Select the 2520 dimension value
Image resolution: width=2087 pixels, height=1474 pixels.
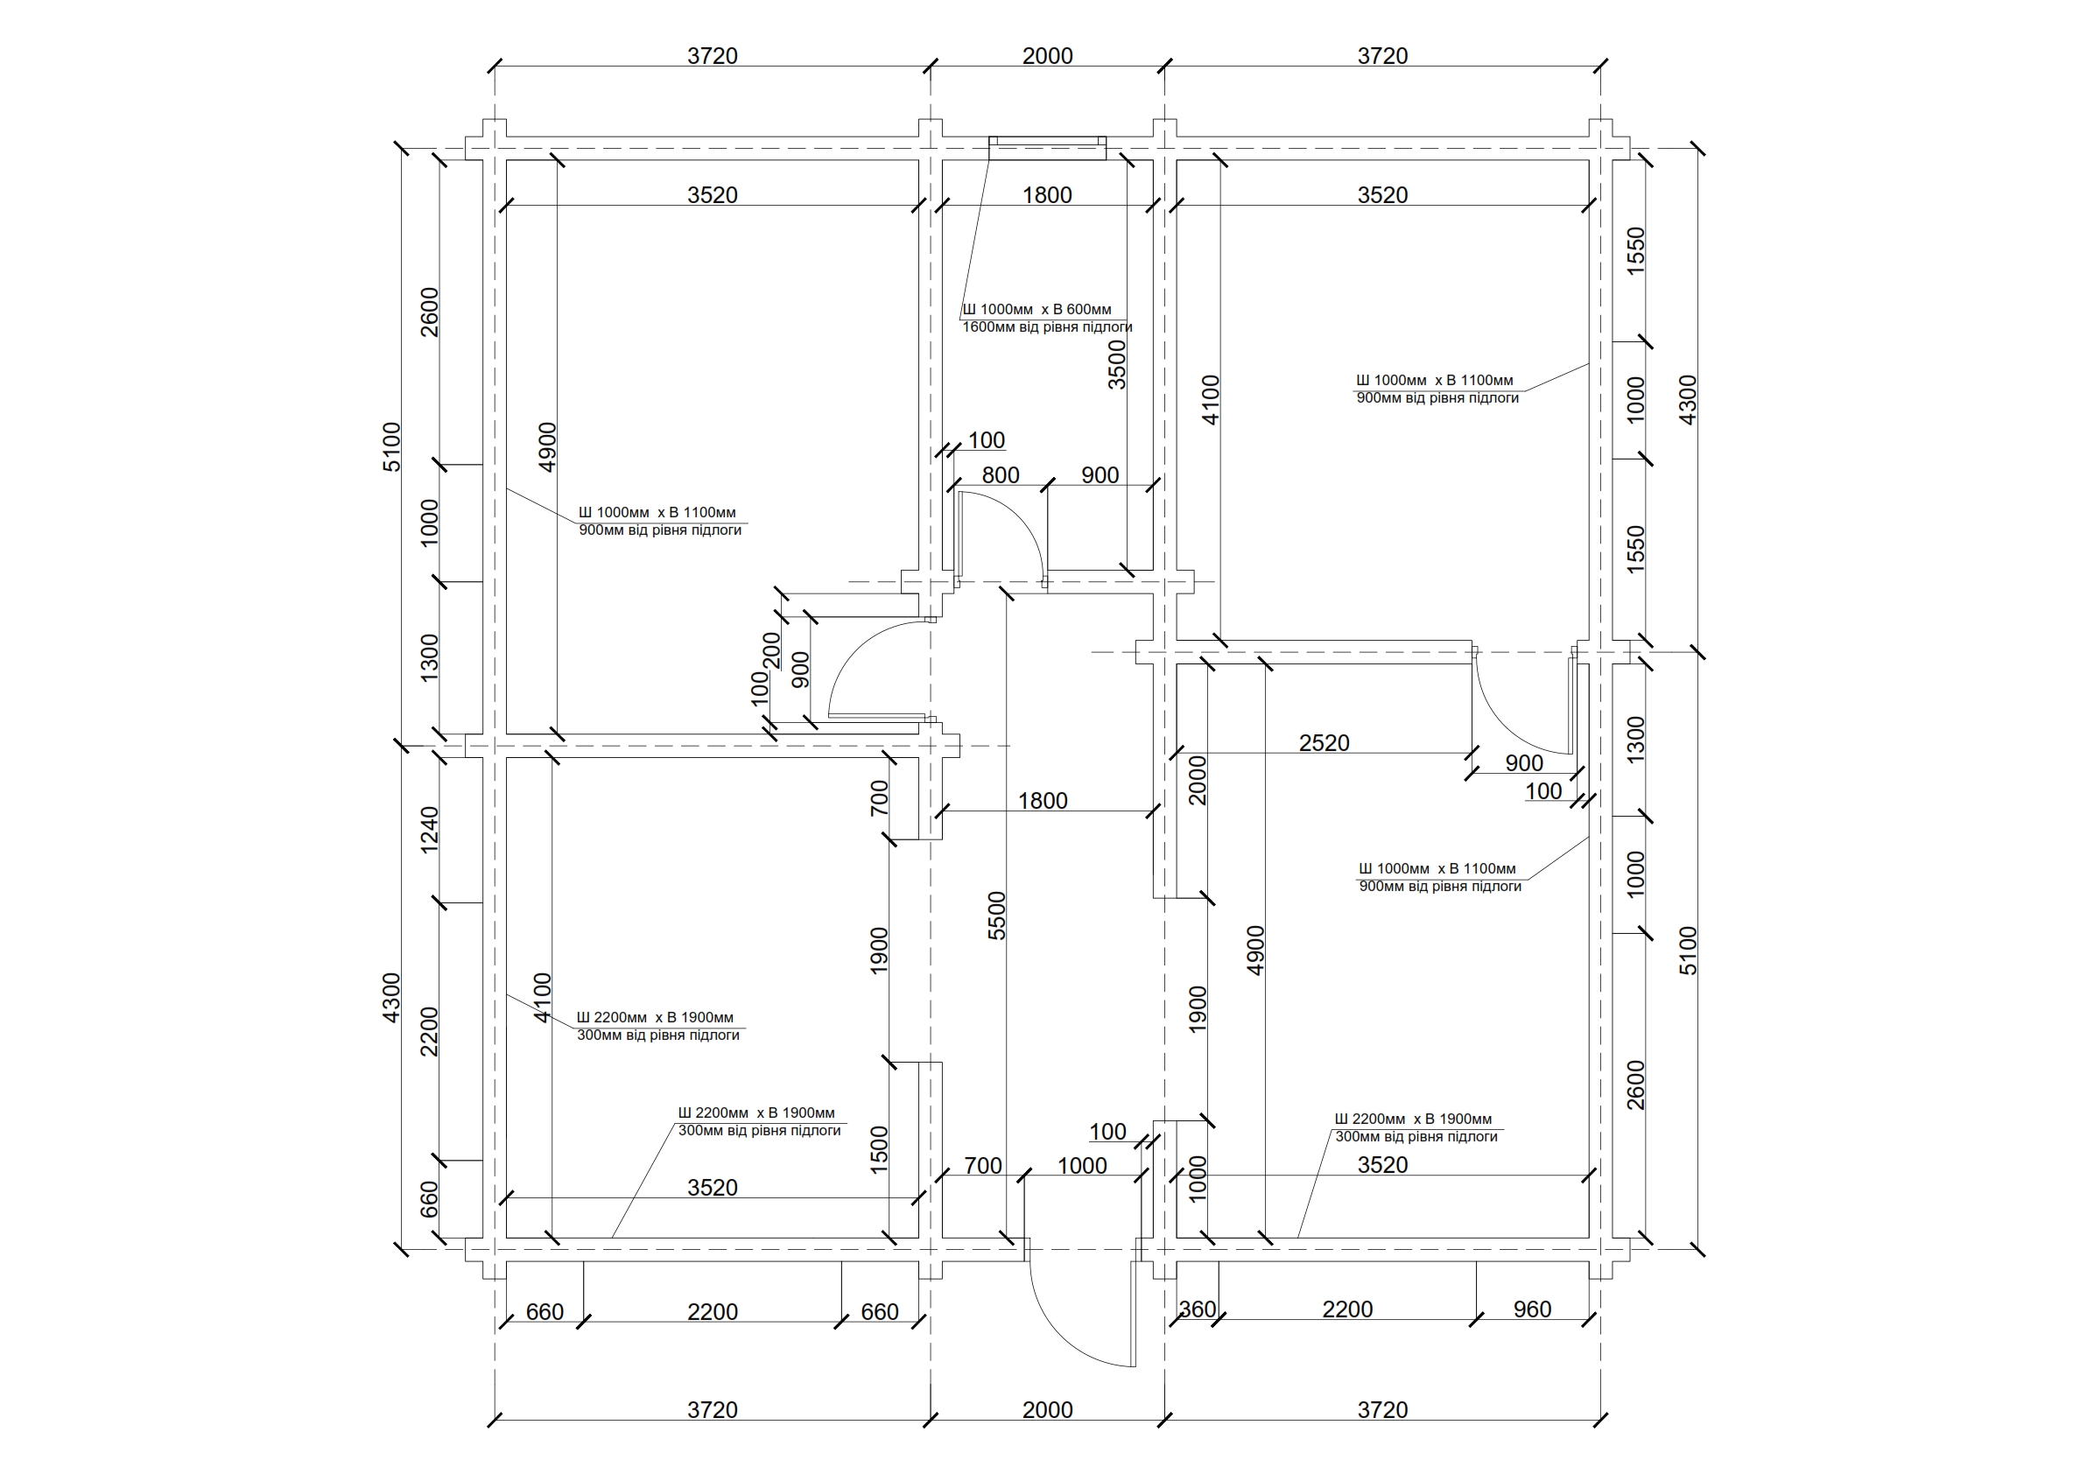click(x=1324, y=742)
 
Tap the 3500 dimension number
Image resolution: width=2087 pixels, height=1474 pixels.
click(x=1117, y=364)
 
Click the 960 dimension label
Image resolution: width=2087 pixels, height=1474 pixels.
click(x=1532, y=1309)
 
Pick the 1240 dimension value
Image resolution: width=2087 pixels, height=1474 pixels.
click(x=430, y=829)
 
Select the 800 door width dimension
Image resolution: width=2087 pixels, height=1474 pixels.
click(x=1000, y=474)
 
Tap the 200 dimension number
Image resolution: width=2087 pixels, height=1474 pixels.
click(x=771, y=649)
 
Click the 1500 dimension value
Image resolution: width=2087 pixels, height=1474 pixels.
click(x=879, y=1149)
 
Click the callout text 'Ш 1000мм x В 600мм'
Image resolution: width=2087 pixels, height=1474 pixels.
click(x=1036, y=309)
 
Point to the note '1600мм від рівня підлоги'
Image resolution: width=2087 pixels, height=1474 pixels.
click(x=1047, y=327)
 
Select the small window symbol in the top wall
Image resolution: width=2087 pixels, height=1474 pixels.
click(x=1048, y=147)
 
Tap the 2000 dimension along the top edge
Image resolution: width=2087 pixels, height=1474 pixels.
click(x=1047, y=55)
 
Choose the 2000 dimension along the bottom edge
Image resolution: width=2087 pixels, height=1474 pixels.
click(x=1047, y=1409)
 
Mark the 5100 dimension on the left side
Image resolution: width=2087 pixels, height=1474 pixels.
click(x=392, y=446)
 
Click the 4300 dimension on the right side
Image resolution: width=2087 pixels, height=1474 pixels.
click(x=1687, y=400)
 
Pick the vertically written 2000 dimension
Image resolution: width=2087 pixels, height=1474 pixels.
click(x=1198, y=780)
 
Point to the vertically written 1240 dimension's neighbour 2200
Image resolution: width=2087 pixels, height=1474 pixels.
click(x=430, y=1031)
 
